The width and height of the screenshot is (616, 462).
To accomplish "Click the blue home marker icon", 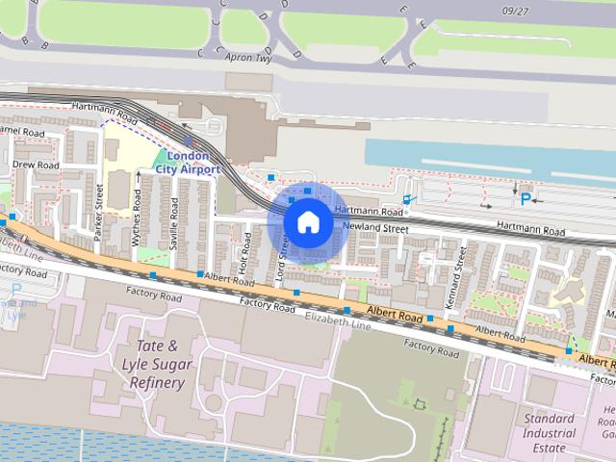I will (308, 222).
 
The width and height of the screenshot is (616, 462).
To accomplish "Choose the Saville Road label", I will (174, 224).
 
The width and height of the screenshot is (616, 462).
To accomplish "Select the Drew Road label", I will (36, 166).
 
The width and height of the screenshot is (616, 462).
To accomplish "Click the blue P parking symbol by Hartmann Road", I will (526, 199).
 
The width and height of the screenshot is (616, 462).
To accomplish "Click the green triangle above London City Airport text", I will (159, 156).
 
